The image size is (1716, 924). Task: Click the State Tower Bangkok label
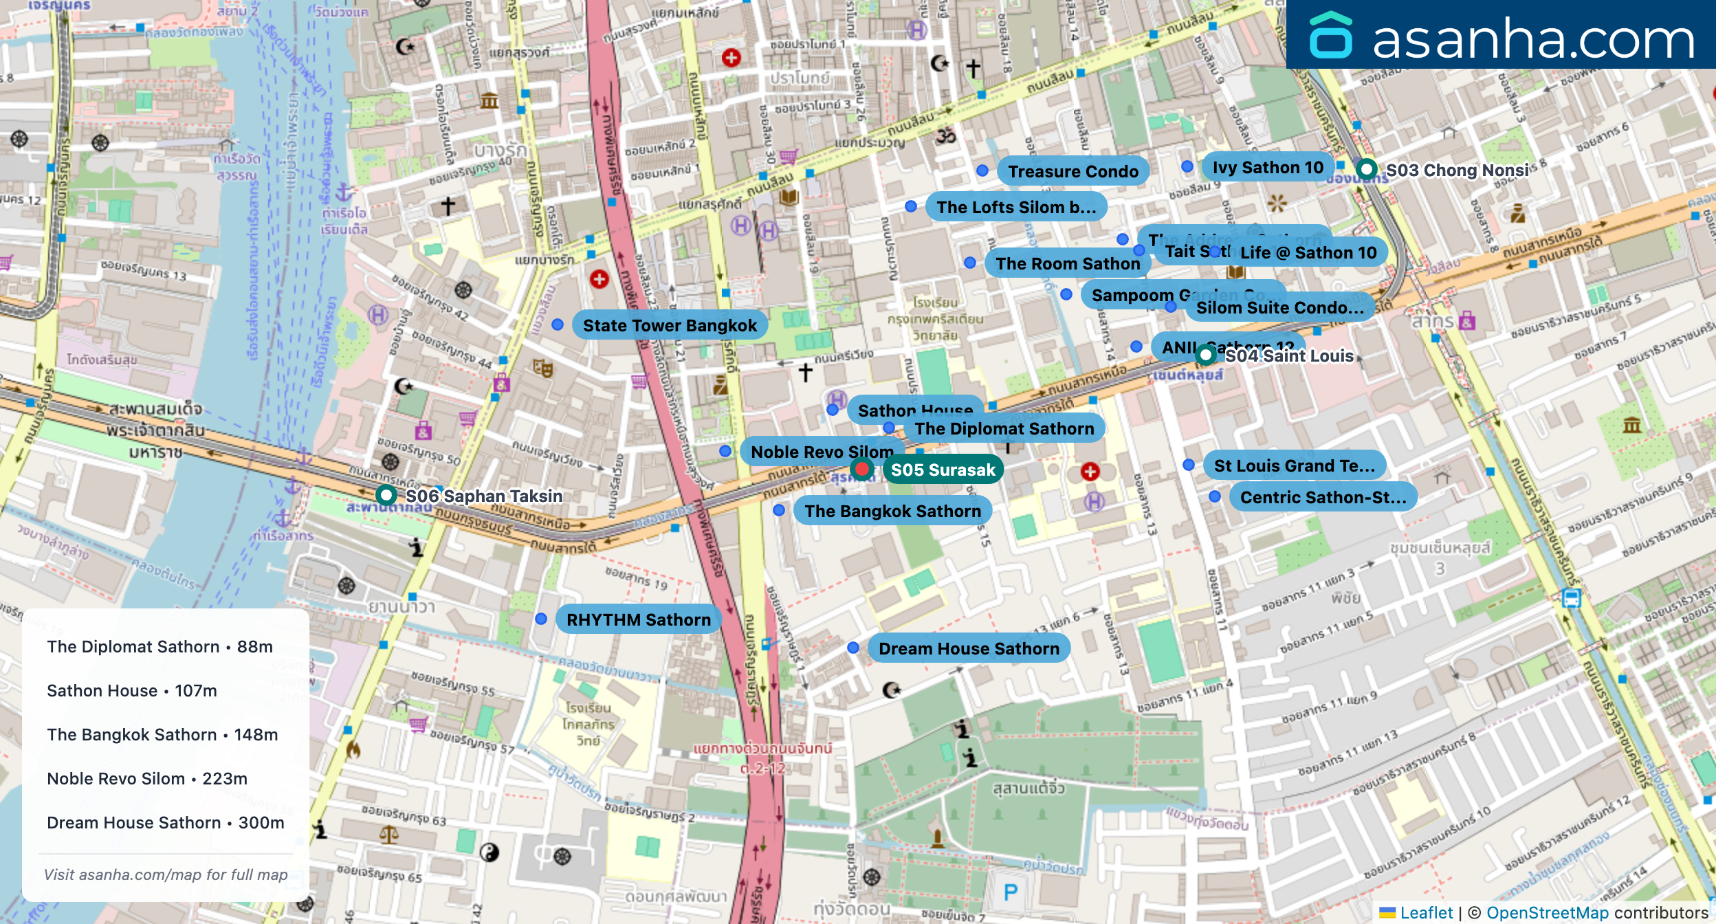pos(669,325)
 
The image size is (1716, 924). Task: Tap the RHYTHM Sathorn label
pos(638,619)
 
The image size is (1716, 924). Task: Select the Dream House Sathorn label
pos(968,648)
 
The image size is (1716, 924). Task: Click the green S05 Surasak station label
pos(943,470)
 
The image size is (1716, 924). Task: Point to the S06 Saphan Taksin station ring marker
pos(386,495)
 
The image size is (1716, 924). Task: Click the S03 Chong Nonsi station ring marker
pos(1367,168)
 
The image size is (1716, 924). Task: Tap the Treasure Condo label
pos(1072,171)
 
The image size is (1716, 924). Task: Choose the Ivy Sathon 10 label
pos(1267,167)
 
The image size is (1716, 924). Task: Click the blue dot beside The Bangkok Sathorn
pos(779,510)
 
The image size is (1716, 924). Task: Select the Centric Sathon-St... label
pos(1323,497)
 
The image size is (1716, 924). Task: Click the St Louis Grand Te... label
pos(1294,465)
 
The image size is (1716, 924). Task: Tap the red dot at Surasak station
pos(861,469)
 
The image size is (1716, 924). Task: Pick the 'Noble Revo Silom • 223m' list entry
pos(147,778)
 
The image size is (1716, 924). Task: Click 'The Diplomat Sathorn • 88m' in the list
pos(159,646)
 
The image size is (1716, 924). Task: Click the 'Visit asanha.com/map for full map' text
pos(166,874)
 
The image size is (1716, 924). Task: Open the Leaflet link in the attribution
pos(1426,912)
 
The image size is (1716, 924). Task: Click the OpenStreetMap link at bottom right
pos(1547,912)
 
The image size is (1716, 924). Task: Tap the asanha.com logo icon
pos(1330,36)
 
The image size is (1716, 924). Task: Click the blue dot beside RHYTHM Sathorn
pos(541,619)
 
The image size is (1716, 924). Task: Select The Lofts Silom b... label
pos(1015,207)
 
